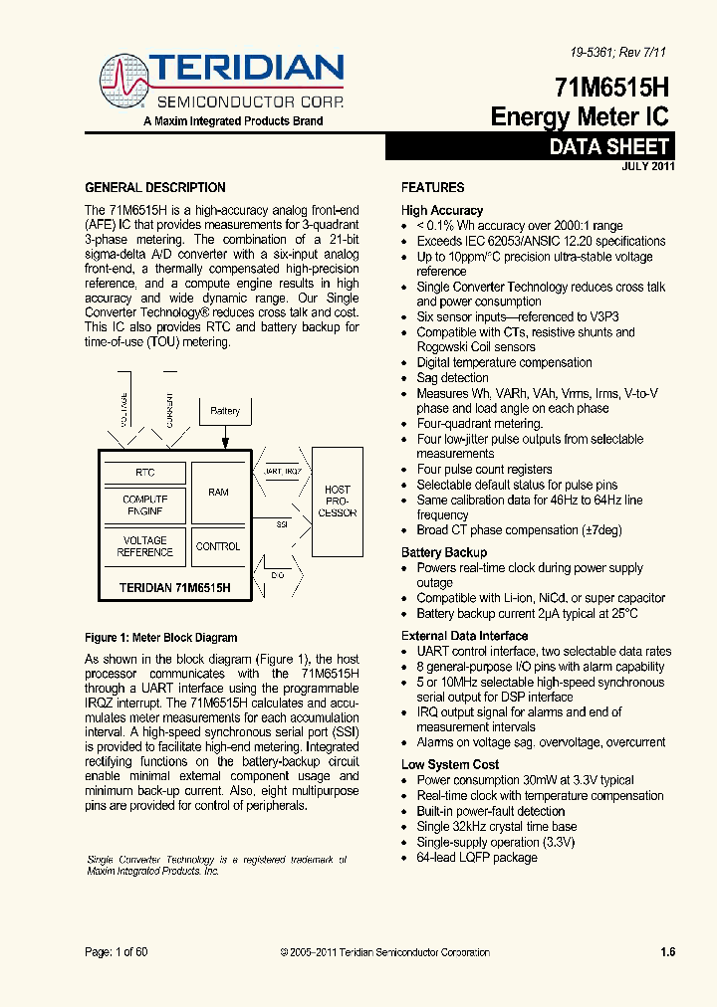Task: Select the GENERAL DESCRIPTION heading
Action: pyautogui.click(x=154, y=188)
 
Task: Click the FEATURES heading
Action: pyautogui.click(x=432, y=188)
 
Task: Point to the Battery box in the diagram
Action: pyautogui.click(x=225, y=410)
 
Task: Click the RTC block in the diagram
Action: pyautogui.click(x=144, y=473)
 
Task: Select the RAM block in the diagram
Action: pyautogui.click(x=218, y=492)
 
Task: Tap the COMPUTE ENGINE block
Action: pyautogui.click(x=144, y=505)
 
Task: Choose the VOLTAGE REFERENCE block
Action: pyautogui.click(x=144, y=546)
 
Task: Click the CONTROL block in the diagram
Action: pyautogui.click(x=218, y=546)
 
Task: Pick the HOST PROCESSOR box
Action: pyautogui.click(x=338, y=502)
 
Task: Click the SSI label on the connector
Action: pyautogui.click(x=282, y=520)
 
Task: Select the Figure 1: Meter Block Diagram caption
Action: pyautogui.click(x=160, y=638)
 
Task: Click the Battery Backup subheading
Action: pyautogui.click(x=444, y=552)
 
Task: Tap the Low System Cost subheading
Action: pyautogui.click(x=450, y=764)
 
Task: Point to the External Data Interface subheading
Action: pyautogui.click(x=464, y=636)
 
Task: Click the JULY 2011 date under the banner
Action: pyautogui.click(x=648, y=166)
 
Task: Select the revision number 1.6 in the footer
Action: pyautogui.click(x=667, y=952)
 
